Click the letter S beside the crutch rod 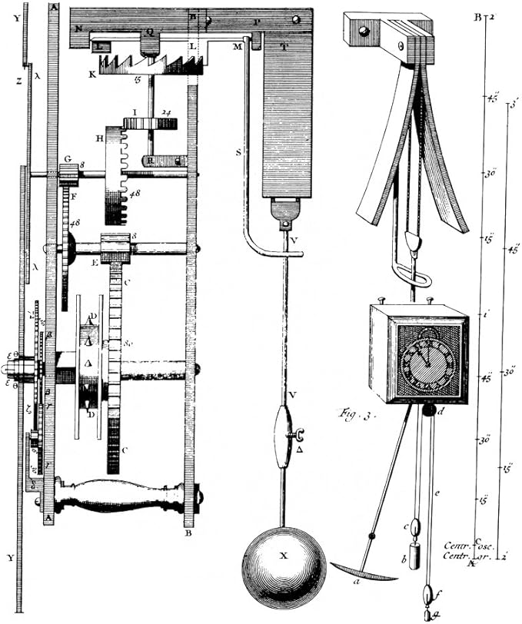238,153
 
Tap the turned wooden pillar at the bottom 122,496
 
